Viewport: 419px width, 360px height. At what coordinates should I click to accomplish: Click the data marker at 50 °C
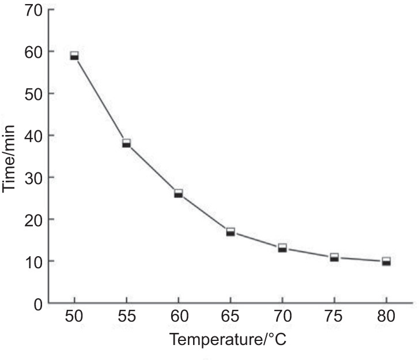(74, 55)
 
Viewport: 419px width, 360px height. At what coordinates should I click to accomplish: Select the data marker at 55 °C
(126, 143)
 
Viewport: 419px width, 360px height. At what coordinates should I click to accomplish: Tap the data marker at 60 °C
(178, 193)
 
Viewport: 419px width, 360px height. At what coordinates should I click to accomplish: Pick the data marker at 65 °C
(231, 232)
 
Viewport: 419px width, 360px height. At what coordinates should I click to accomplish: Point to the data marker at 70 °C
(282, 248)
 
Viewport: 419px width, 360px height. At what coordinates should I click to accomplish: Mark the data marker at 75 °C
(334, 257)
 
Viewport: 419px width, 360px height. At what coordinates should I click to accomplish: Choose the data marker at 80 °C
(386, 261)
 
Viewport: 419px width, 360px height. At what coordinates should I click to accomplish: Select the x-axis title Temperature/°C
(228, 339)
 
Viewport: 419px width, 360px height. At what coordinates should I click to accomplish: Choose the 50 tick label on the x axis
(74, 317)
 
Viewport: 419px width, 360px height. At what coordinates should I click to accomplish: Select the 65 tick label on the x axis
(231, 317)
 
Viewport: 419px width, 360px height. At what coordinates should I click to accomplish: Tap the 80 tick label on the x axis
(386, 317)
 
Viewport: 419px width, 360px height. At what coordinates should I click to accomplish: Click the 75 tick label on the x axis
(334, 317)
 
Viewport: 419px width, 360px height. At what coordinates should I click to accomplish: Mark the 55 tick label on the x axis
(126, 317)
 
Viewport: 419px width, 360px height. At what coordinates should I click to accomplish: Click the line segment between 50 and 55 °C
(100, 99)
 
